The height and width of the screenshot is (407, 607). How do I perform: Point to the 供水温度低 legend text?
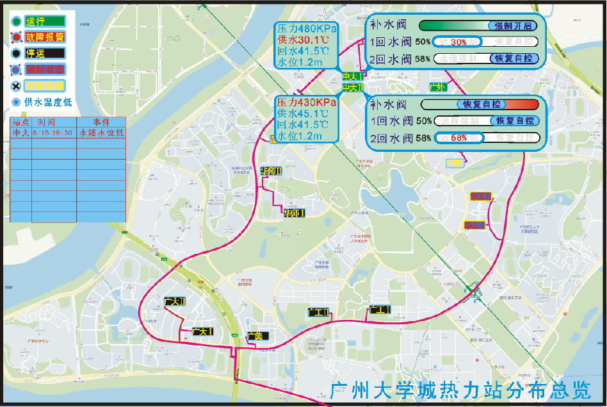(x=48, y=101)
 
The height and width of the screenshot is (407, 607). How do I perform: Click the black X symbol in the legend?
(x=15, y=85)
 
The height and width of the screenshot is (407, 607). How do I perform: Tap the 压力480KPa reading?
(x=306, y=29)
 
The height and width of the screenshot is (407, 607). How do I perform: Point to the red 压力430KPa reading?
(x=306, y=103)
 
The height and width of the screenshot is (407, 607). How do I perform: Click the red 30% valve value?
(x=458, y=42)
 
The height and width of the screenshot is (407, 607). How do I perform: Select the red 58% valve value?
(x=458, y=138)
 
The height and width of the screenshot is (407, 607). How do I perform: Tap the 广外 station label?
(x=437, y=87)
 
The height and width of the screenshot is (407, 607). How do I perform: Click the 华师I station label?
(x=294, y=213)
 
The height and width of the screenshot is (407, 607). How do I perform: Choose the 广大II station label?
(x=174, y=301)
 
